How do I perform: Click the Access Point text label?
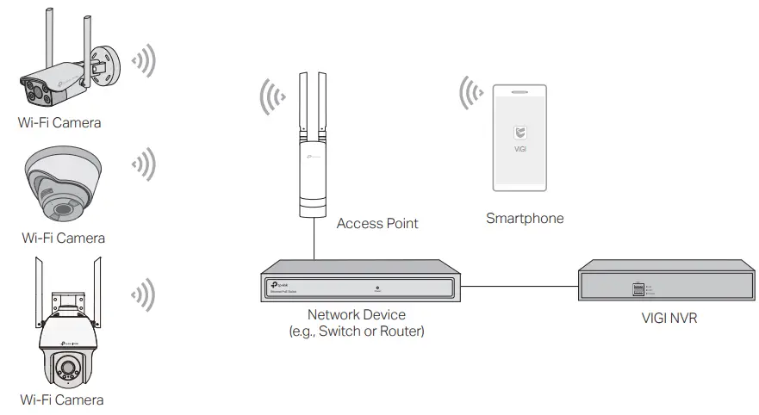pos(377,223)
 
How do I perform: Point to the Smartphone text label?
pos(525,219)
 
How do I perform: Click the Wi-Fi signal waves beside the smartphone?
pos(470,93)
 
